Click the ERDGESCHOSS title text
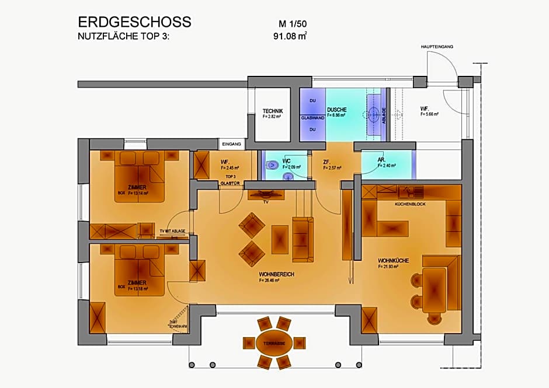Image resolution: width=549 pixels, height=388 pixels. click(134, 22)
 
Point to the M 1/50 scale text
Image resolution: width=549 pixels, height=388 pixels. click(293, 24)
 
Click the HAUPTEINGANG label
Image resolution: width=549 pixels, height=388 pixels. click(437, 46)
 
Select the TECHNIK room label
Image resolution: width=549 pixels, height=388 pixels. click(273, 111)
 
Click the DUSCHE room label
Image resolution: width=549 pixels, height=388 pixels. click(337, 110)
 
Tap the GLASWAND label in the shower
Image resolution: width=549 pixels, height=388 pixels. click(312, 117)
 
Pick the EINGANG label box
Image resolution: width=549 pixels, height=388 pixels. click(231, 144)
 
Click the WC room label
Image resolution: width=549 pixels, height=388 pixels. click(286, 160)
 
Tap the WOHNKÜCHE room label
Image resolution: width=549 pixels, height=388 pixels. click(389, 260)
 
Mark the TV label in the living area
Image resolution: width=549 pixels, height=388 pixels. click(265, 202)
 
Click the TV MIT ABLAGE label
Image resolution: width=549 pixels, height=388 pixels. click(172, 231)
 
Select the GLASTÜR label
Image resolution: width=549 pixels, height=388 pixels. click(230, 183)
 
